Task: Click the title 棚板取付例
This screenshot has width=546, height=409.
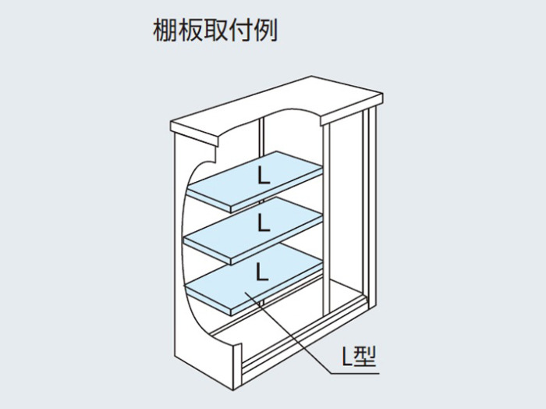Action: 215,30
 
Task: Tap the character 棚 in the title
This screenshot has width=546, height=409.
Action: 165,30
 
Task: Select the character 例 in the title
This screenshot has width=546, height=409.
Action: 266,30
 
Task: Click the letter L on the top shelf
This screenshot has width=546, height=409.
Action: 264,176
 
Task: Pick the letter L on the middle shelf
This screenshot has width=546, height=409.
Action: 264,222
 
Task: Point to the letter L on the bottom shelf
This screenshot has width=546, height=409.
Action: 262,272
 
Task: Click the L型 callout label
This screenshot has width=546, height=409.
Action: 359,357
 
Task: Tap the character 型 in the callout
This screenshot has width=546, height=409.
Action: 365,357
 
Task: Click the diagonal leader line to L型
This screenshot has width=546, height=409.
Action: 289,333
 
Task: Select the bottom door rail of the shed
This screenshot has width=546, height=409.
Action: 303,343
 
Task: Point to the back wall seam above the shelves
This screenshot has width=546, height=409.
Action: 262,137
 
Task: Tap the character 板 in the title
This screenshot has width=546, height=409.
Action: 190,30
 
